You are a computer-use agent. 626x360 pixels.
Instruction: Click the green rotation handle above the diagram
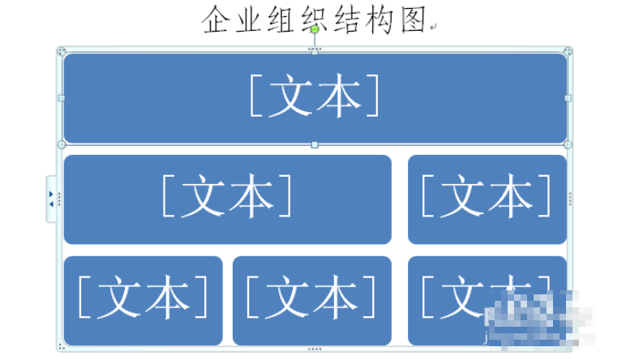pyautogui.click(x=315, y=29)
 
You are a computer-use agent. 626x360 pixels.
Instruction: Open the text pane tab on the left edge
pyautogui.click(x=51, y=199)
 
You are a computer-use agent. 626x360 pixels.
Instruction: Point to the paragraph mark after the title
pyautogui.click(x=434, y=26)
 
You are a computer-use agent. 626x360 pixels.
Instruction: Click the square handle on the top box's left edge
pyautogui.click(x=62, y=98)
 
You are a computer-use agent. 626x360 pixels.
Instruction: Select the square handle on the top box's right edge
pyautogui.click(x=568, y=98)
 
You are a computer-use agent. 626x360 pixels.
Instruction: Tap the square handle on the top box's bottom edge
pyautogui.click(x=315, y=145)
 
